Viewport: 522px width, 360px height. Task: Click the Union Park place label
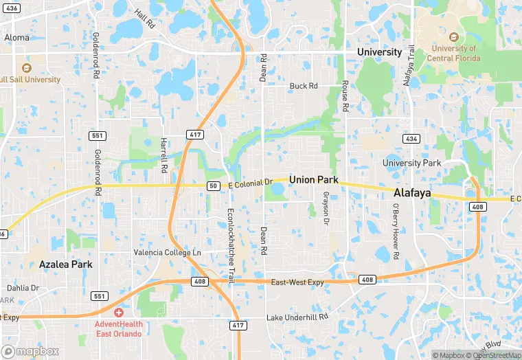point(314,179)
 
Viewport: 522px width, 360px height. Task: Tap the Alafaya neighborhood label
point(412,193)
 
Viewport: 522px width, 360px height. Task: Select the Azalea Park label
point(65,264)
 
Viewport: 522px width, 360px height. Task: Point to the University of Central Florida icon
point(453,36)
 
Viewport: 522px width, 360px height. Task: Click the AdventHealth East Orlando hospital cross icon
point(119,312)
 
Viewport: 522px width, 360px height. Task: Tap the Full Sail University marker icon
point(27,68)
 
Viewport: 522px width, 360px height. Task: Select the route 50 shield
point(214,185)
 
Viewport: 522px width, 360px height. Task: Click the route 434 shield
point(411,139)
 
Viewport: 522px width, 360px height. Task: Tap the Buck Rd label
point(304,86)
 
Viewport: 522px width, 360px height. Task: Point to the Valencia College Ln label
point(168,252)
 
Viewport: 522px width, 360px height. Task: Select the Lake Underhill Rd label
point(297,319)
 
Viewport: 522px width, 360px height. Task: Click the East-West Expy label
point(297,282)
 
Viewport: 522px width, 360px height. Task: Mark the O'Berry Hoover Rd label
point(396,231)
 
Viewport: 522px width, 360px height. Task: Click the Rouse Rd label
point(345,95)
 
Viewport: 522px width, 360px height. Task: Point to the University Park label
point(412,163)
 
